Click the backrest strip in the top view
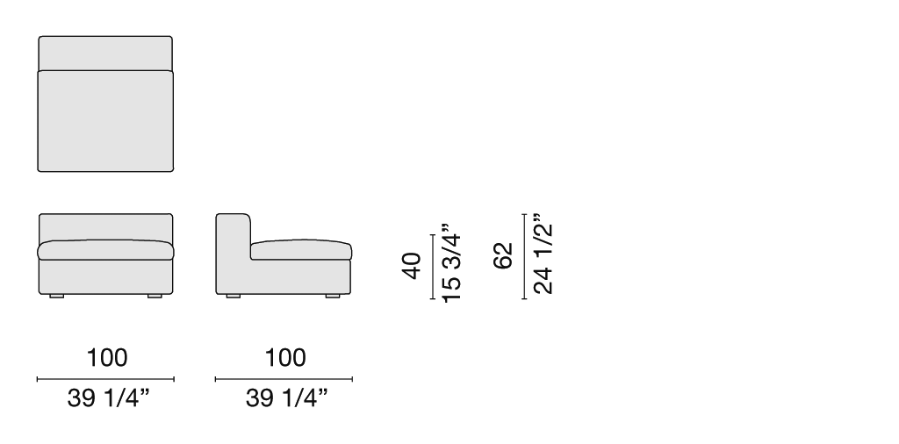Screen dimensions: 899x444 tap(105, 54)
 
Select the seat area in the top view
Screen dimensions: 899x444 tap(105, 121)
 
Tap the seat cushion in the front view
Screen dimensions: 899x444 tap(105, 250)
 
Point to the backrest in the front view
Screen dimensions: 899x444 tap(105, 227)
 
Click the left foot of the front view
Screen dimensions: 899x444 tap(57, 297)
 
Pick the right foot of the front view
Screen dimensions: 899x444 tap(155, 297)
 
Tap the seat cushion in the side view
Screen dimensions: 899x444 tap(301, 250)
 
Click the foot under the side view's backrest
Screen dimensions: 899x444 tap(234, 297)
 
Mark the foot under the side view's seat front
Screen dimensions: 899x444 tap(333, 297)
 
